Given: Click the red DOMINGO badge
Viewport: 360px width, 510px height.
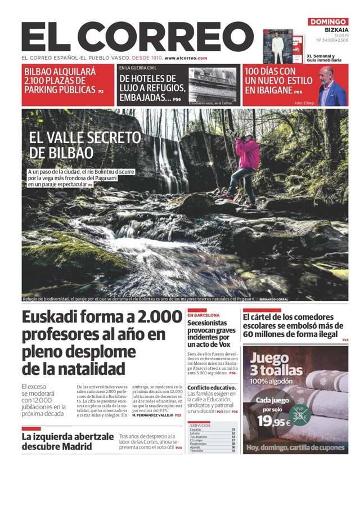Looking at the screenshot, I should pyautogui.click(x=328, y=22).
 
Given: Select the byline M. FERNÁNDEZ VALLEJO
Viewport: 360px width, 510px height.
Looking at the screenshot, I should pyautogui.click(x=156, y=415).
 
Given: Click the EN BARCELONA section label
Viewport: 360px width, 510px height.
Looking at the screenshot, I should pyautogui.click(x=204, y=316).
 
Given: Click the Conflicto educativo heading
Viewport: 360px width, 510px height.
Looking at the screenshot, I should pyautogui.click(x=211, y=388).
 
